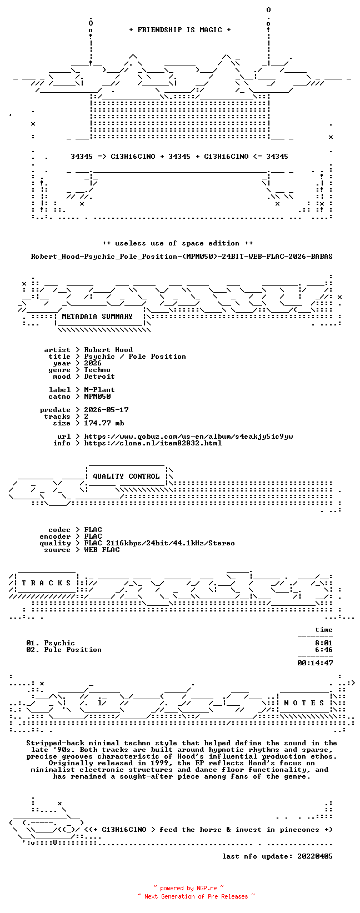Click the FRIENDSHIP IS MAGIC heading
click(x=180, y=30)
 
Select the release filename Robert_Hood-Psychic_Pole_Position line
click(x=182, y=257)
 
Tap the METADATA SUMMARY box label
click(x=97, y=317)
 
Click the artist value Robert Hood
click(x=108, y=350)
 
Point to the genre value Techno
click(x=97, y=370)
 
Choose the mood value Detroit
click(x=99, y=376)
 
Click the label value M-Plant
click(x=99, y=390)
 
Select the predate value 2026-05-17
click(x=107, y=410)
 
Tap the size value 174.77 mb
click(x=104, y=423)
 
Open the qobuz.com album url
click(x=188, y=437)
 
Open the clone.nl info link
click(x=153, y=443)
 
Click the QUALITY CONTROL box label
click(x=126, y=476)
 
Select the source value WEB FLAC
click(x=102, y=549)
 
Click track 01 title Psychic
click(x=59, y=643)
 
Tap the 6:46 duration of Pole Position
click(x=324, y=650)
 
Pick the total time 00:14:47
click(x=315, y=663)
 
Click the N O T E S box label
click(x=304, y=703)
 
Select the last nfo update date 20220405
click(x=315, y=856)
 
